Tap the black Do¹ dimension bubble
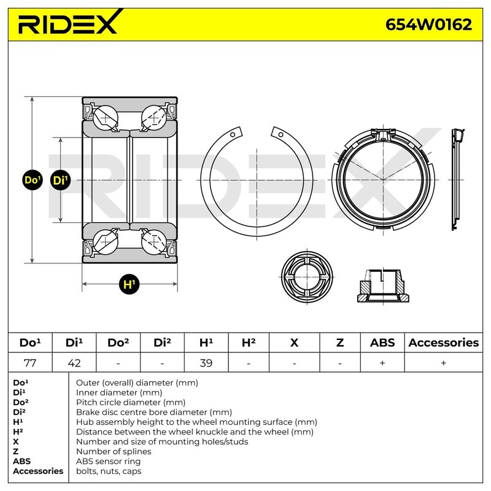[x=31, y=180]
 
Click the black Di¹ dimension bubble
[x=61, y=180]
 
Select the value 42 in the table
[x=74, y=362]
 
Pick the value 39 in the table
[x=206, y=362]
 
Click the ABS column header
[x=382, y=342]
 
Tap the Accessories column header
[x=443, y=342]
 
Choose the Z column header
[x=339, y=342]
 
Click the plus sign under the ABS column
[x=382, y=362]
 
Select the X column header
[x=294, y=342]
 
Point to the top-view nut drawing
[x=306, y=276]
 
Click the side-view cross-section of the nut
[x=382, y=285]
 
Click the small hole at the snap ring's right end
[x=280, y=134]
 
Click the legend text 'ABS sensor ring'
[x=108, y=461]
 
